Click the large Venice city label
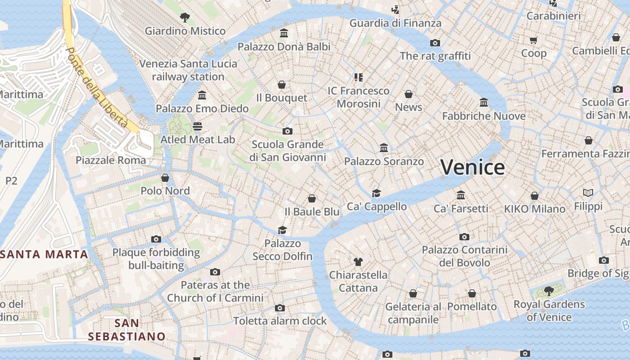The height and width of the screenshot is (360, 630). (472, 167)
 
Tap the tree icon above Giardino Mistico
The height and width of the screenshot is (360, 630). (184, 18)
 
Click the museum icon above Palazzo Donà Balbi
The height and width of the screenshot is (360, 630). (284, 33)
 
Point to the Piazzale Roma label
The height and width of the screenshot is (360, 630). (111, 160)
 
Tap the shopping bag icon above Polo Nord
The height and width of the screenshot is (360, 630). (165, 178)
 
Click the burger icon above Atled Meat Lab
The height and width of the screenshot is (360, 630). (198, 126)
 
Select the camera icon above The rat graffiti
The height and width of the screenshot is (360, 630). (435, 43)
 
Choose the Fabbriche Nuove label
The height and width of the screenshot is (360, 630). (484, 116)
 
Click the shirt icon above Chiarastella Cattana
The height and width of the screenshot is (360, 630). (358, 261)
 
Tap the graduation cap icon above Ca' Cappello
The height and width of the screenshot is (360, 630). (376, 193)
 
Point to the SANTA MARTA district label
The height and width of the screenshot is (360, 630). (44, 254)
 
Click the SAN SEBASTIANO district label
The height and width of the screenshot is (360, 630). (126, 330)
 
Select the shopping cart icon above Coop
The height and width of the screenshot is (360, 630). (534, 40)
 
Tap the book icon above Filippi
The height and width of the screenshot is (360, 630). (588, 193)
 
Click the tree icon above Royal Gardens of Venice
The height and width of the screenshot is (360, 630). (549, 291)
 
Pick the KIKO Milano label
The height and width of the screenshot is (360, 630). (535, 209)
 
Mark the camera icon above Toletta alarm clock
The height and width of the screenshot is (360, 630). (280, 308)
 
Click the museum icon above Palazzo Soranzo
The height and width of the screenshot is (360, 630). (384, 148)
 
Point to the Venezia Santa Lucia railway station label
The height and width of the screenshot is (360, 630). (188, 70)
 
